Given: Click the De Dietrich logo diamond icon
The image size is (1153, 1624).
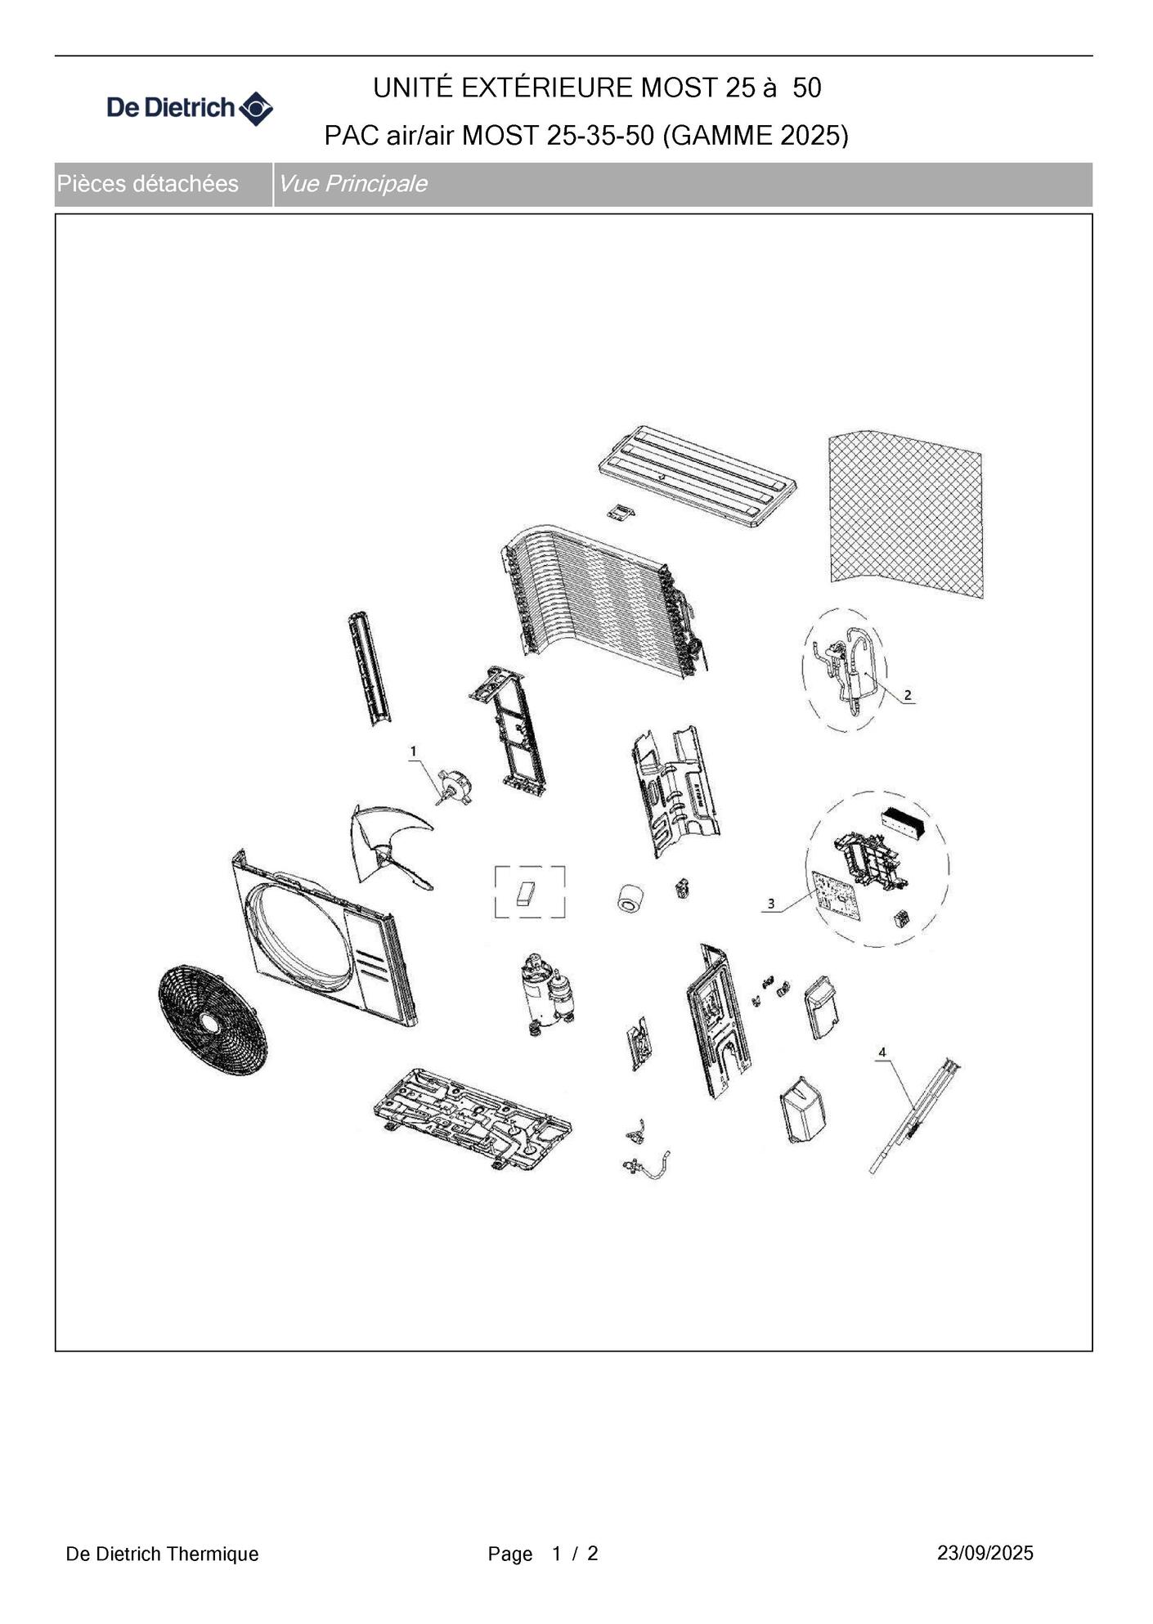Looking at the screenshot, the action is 255,109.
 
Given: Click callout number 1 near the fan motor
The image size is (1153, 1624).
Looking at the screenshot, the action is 414,751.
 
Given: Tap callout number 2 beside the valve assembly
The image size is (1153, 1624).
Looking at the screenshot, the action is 908,695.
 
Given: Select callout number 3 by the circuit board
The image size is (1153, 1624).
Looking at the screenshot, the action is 771,904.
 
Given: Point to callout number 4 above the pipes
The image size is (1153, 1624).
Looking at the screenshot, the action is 882,1052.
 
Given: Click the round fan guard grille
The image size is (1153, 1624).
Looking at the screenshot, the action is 213,1020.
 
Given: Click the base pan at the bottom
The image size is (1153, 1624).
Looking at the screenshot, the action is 473,1116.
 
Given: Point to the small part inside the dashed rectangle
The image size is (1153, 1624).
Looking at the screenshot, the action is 526,893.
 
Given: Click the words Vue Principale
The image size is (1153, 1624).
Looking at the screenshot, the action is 352,184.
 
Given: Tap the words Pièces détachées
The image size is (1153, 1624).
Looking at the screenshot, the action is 148,184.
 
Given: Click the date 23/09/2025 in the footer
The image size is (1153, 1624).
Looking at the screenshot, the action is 985,1553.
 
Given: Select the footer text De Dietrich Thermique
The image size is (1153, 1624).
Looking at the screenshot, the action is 162,1554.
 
